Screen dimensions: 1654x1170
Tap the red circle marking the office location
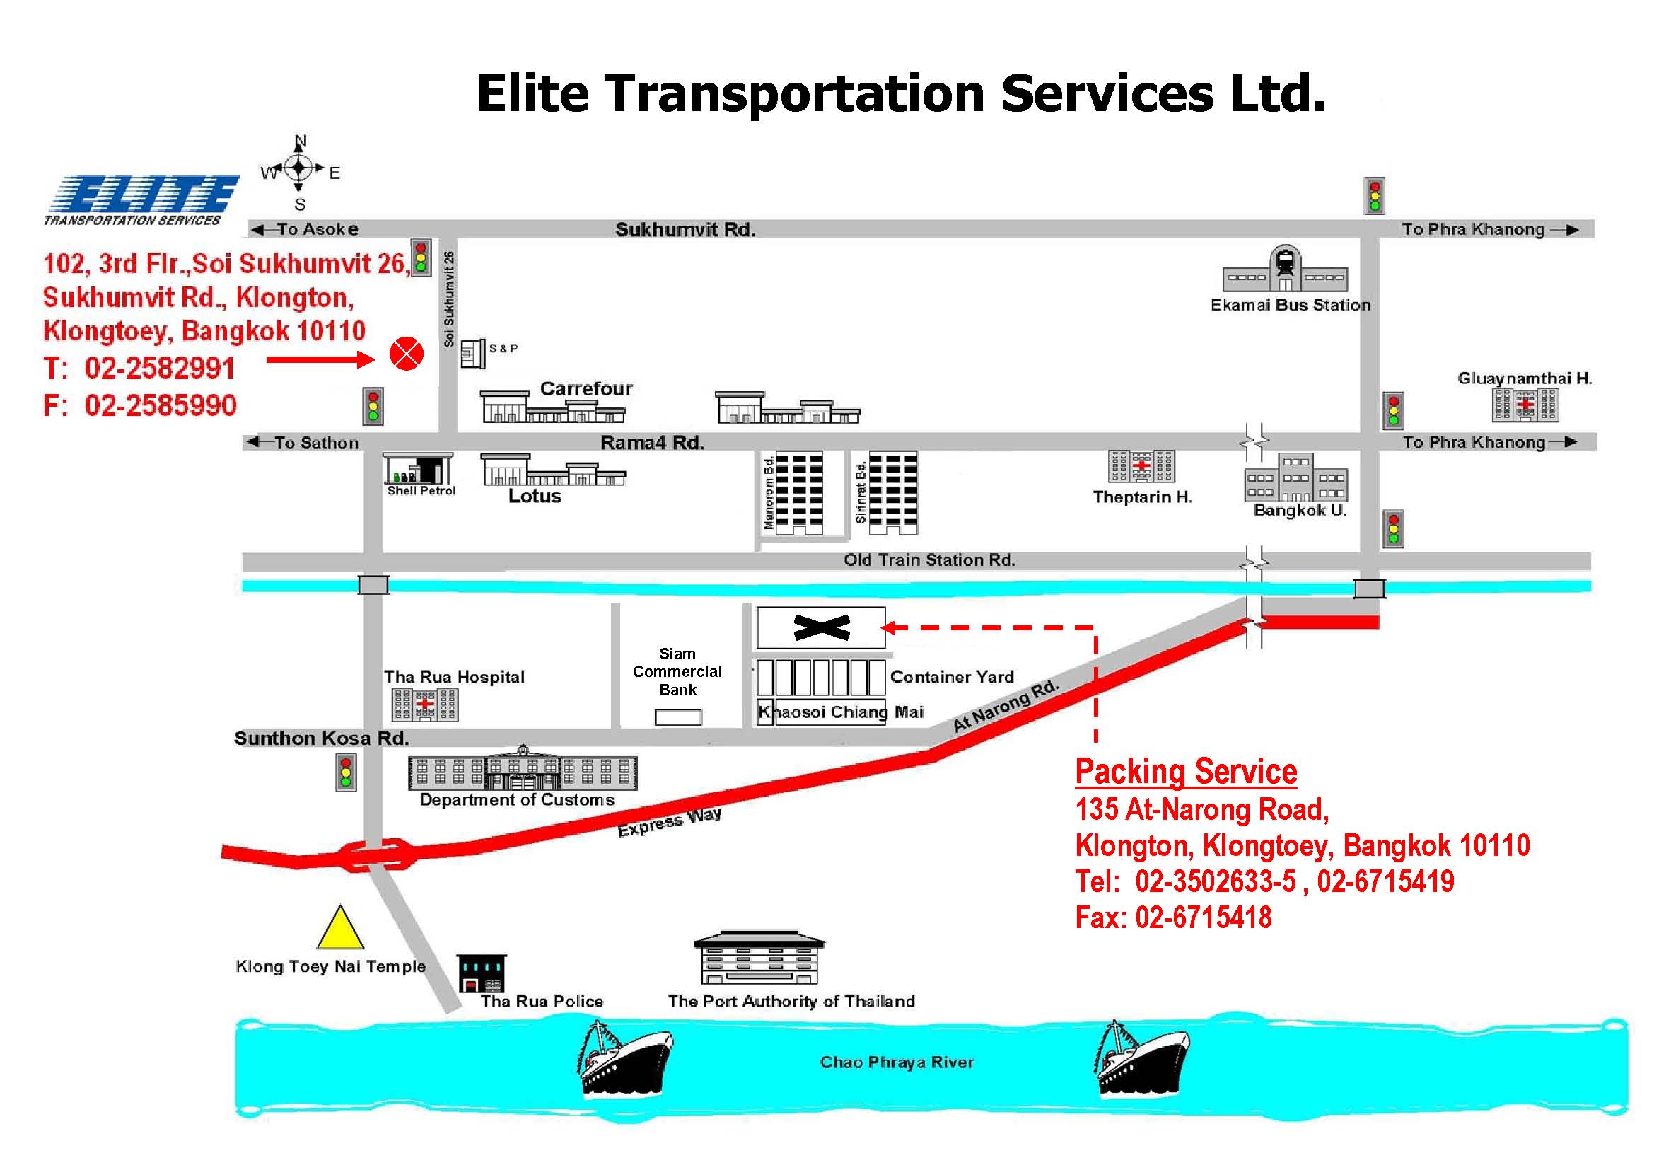click(407, 354)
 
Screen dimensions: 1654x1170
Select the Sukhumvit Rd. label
click(685, 230)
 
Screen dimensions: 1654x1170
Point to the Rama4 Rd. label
click(652, 442)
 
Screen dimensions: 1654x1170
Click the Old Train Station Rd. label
click(929, 560)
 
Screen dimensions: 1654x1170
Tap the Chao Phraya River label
click(897, 1062)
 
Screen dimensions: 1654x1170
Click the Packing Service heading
click(1186, 772)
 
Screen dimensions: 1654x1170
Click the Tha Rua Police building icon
click(482, 973)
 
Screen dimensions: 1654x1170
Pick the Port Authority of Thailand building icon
click(759, 958)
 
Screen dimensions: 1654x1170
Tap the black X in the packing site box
click(822, 627)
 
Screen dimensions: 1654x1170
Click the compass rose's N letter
click(301, 141)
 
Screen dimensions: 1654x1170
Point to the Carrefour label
click(586, 389)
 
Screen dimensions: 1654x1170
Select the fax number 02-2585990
click(161, 405)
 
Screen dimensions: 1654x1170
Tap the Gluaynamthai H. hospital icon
click(1525, 405)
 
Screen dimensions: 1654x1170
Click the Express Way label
click(669, 822)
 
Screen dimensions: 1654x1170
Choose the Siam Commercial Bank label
click(677, 671)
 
